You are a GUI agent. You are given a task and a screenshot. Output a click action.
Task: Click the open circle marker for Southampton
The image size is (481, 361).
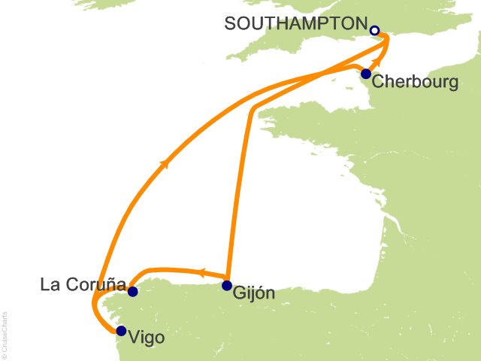374,31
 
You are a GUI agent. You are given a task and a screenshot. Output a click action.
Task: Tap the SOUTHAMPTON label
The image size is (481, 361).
297,24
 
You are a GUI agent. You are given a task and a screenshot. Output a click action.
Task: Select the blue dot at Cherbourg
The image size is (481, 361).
366,74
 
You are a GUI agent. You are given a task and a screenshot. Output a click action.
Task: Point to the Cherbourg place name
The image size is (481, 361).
415,81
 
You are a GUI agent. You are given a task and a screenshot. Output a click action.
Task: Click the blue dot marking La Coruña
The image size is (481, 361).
132,292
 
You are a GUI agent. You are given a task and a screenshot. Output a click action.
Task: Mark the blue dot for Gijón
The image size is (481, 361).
227,285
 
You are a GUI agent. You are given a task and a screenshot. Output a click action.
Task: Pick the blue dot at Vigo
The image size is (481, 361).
121,329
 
